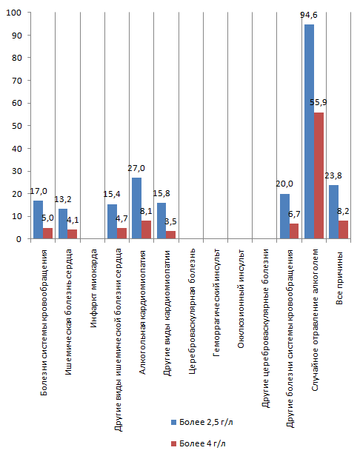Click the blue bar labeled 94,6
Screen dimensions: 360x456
309,132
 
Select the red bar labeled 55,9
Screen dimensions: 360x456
319,175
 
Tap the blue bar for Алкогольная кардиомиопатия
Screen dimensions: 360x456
137,208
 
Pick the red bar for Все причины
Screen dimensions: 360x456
343,229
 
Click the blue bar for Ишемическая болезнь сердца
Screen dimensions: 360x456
63,224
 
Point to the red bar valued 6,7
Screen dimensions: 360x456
294,232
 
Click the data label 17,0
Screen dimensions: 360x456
39,191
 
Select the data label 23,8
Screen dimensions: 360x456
333,175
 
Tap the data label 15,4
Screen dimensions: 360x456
112,194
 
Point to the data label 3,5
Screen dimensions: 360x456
170,221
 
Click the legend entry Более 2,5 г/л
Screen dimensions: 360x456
202,422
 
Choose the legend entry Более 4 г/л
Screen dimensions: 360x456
199,443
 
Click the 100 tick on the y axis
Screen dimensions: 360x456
14,13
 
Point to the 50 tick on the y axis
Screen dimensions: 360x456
16,126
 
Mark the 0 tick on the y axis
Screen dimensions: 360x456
19,239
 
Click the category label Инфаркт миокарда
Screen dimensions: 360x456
93,289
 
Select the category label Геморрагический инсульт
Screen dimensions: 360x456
216,303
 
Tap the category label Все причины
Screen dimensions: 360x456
339,278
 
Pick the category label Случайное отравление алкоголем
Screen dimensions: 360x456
315,321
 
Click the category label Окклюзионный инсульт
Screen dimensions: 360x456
241,299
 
